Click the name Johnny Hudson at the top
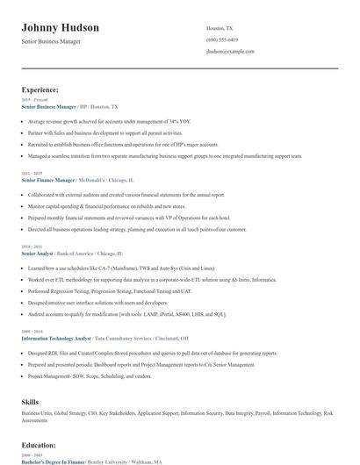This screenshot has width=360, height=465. pos(60,28)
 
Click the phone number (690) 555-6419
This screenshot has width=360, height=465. pos(223,39)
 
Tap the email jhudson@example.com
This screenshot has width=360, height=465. pos(230,52)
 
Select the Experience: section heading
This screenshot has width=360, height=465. pos(40,89)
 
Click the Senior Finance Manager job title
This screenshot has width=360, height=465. pos(51,179)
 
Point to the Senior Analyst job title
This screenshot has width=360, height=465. pos(39,253)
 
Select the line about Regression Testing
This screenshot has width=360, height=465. pos(109,290)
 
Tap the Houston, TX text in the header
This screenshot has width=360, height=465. pos(219,28)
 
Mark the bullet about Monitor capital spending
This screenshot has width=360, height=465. pos(104,206)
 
